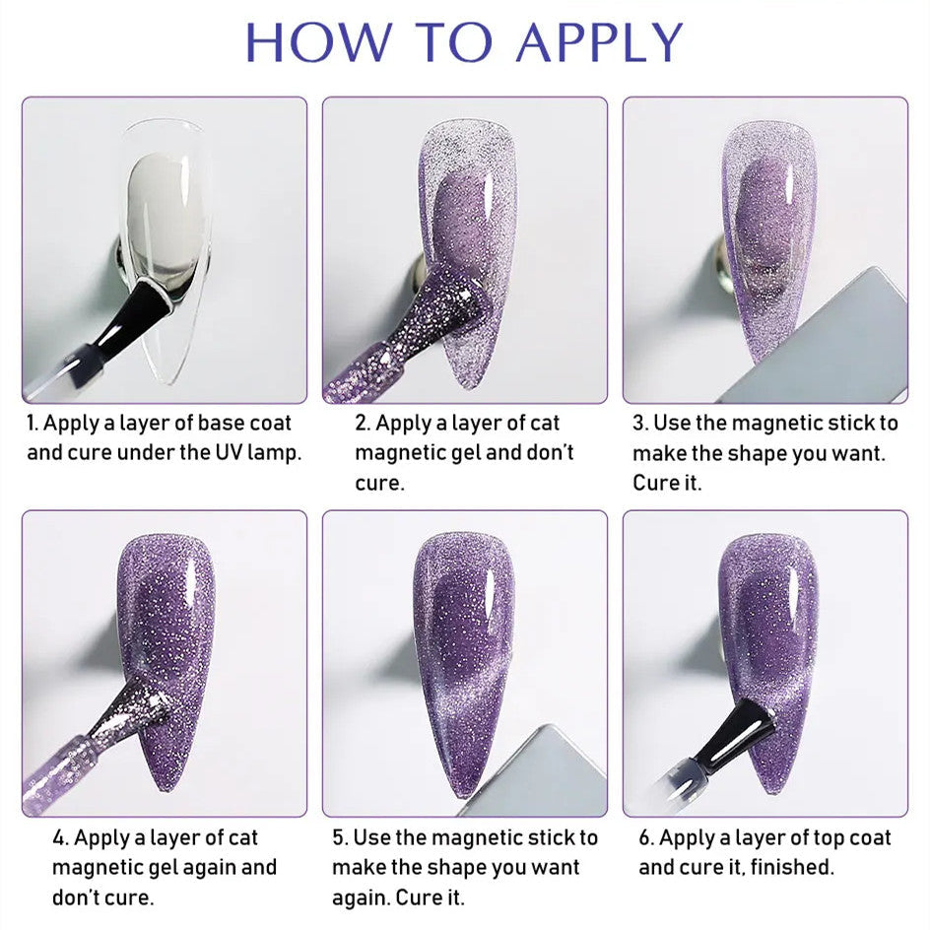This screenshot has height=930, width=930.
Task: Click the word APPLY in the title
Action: (600, 41)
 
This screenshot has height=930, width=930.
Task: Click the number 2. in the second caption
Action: (363, 423)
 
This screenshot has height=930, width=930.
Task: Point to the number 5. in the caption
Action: (340, 837)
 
